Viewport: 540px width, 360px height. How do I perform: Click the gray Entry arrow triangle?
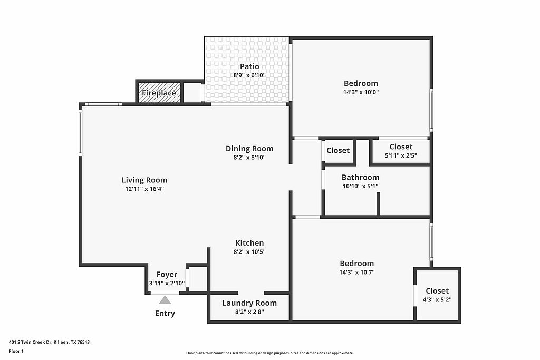(165, 300)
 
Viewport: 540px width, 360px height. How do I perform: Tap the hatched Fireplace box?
(159, 92)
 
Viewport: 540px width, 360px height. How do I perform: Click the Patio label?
(249, 66)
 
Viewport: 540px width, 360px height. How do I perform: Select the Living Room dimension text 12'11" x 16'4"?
(144, 189)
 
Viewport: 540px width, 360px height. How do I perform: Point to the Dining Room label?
(249, 149)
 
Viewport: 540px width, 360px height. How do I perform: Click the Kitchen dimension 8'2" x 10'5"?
(249, 251)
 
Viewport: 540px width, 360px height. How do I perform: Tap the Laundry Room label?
(249, 303)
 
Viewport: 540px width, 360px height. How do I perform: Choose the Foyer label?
(167, 275)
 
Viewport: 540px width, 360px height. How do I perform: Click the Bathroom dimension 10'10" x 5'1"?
(360, 186)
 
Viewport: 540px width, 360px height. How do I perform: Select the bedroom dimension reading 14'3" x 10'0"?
(361, 92)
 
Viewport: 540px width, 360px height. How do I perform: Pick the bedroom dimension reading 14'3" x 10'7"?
(357, 272)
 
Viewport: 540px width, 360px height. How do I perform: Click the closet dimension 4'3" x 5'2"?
(437, 300)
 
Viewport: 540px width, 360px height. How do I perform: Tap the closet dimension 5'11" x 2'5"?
(401, 155)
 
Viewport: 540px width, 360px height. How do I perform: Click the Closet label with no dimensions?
(338, 150)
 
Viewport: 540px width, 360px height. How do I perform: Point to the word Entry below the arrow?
(165, 314)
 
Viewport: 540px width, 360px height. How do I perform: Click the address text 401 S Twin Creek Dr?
(30, 342)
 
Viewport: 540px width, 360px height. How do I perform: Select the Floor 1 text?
(16, 352)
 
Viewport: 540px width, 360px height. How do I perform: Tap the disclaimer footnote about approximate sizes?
(270, 353)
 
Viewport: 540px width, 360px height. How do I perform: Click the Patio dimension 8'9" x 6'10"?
(249, 75)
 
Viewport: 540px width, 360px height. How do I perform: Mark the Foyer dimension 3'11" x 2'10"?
(167, 284)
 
